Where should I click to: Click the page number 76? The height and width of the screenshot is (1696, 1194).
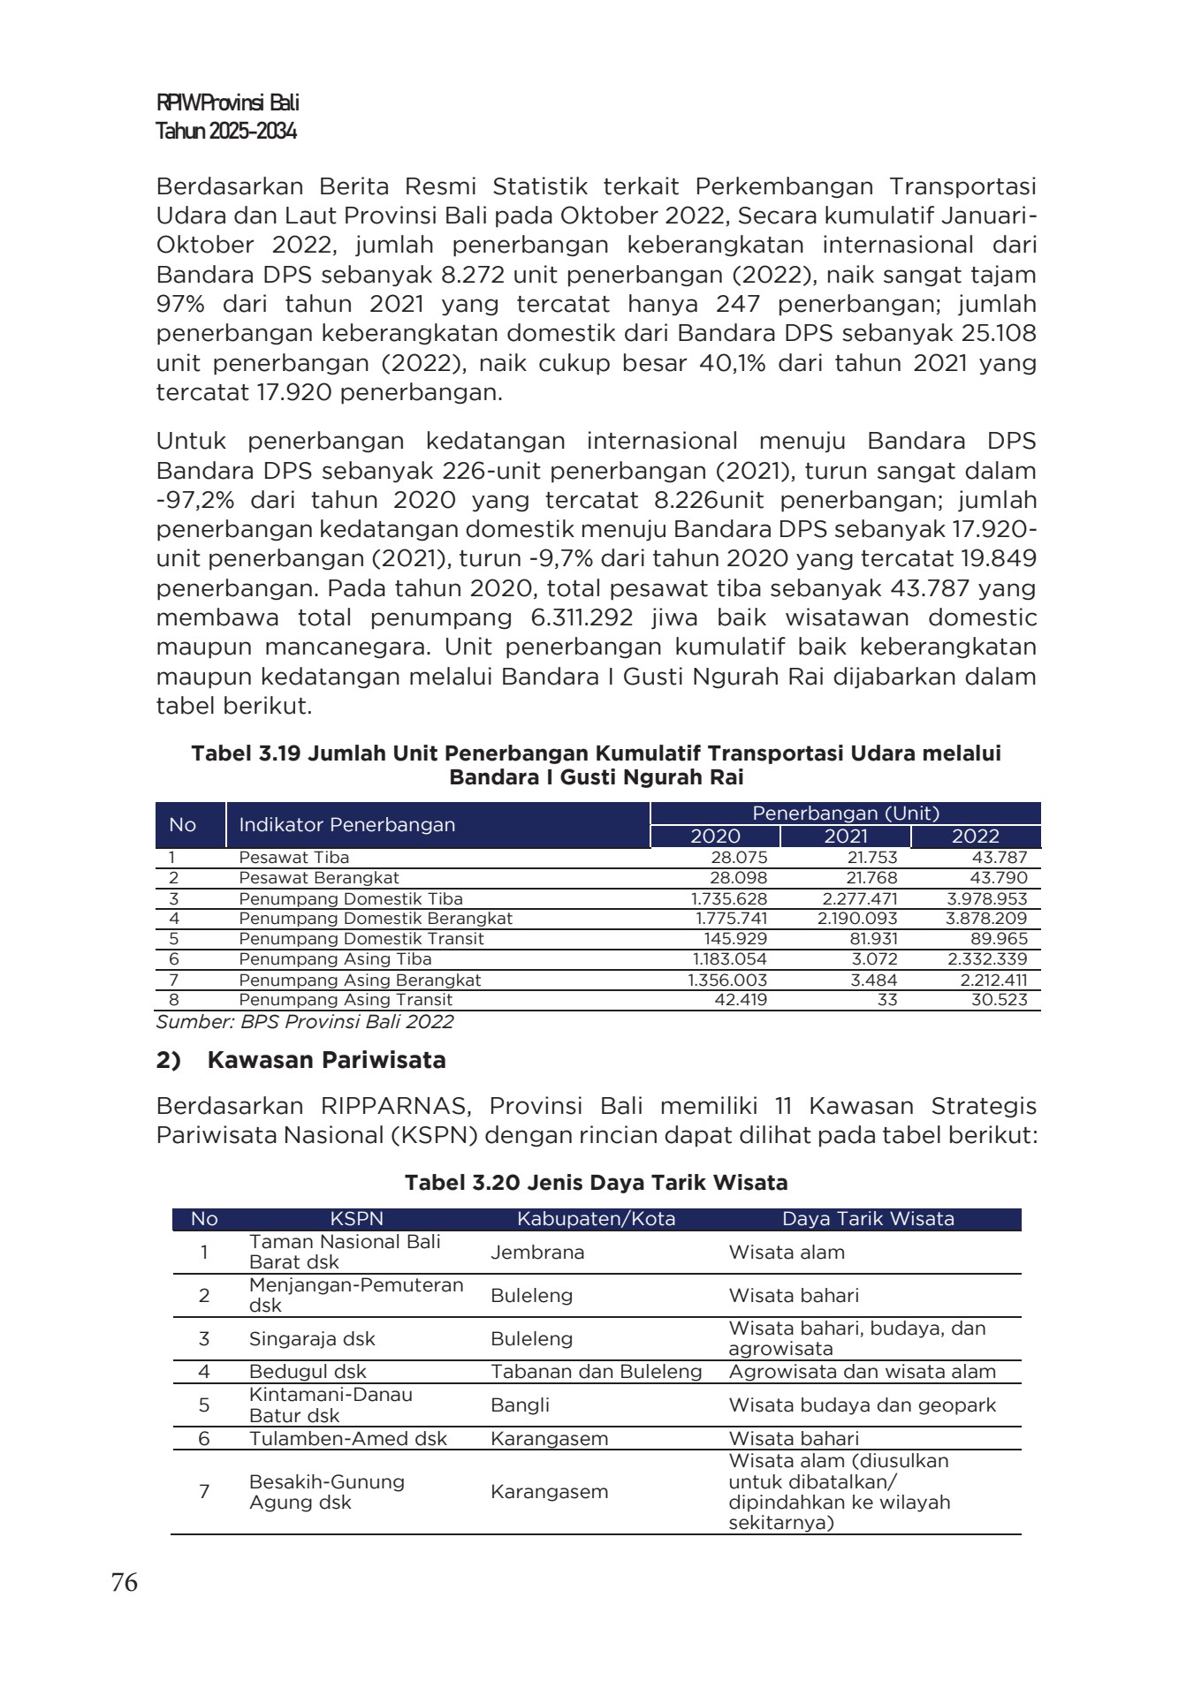[125, 1583]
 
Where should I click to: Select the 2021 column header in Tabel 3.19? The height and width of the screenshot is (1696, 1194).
[846, 837]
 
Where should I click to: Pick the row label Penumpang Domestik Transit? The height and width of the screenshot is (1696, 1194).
[361, 939]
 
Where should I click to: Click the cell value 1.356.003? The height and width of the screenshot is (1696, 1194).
[728, 980]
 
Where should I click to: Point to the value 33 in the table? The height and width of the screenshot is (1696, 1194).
[887, 1000]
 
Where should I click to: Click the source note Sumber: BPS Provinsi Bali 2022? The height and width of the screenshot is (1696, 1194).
[305, 1022]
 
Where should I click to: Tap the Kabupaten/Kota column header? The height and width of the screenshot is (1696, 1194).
[596, 1219]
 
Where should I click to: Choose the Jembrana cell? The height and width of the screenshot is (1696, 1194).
[537, 1253]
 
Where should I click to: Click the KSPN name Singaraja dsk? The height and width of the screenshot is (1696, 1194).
[312, 1339]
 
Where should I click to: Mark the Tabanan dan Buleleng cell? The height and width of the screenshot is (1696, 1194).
[597, 1372]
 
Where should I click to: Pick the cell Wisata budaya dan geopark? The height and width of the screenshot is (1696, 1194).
[862, 1405]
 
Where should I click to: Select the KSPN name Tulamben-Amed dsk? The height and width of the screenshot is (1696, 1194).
[348, 1439]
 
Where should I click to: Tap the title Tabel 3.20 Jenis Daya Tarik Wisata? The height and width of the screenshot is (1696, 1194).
[597, 1183]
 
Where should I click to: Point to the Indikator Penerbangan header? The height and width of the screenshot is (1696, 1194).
[347, 825]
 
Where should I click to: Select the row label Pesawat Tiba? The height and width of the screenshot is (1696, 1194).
[293, 858]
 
